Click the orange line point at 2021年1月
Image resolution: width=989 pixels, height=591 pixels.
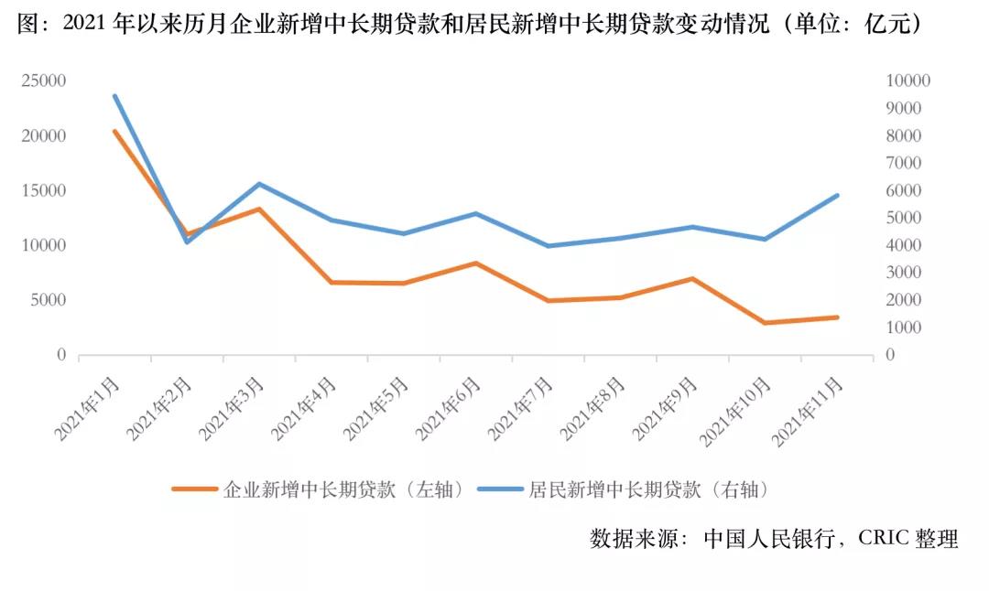tap(114, 132)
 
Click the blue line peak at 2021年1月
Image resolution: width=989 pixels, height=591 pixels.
tap(114, 95)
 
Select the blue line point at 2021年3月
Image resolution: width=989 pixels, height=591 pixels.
tap(259, 184)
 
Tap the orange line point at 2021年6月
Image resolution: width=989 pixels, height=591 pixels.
tap(475, 263)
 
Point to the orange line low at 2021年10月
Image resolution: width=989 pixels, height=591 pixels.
tap(765, 323)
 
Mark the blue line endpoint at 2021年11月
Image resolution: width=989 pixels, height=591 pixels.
tap(837, 195)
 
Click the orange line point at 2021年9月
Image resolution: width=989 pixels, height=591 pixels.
tap(692, 278)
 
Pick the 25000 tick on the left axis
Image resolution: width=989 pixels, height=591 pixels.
tap(45, 81)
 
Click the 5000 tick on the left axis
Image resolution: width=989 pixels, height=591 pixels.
tap(49, 300)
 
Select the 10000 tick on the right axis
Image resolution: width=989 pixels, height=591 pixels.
tap(908, 81)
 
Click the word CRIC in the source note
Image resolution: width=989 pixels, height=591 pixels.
tap(883, 538)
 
